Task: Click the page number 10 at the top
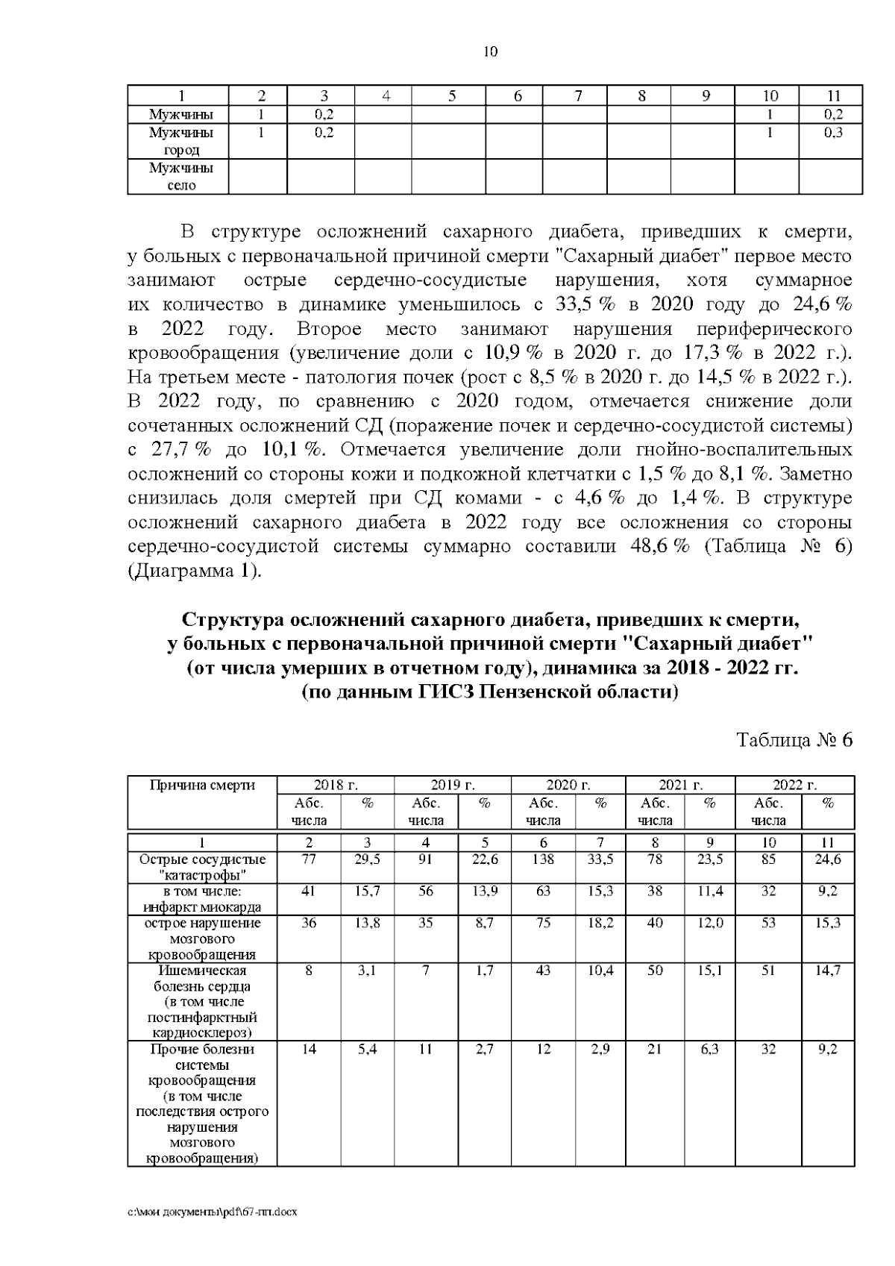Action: (x=490, y=51)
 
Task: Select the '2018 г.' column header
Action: (x=336, y=785)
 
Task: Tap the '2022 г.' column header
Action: (x=794, y=785)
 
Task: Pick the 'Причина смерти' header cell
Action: (x=202, y=785)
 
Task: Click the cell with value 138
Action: (x=543, y=859)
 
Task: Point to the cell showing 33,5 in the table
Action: (x=600, y=859)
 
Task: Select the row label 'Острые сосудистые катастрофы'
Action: (x=202, y=867)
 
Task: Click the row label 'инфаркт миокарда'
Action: (x=202, y=907)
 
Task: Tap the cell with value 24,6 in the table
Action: (x=827, y=859)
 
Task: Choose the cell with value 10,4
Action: (x=600, y=971)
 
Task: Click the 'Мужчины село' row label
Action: (x=181, y=177)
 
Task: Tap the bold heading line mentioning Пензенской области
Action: (x=490, y=692)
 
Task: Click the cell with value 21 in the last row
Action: (x=654, y=1050)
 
